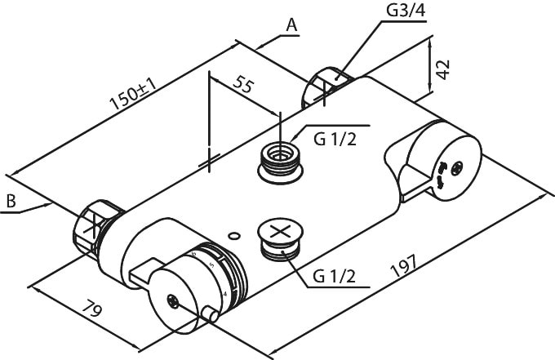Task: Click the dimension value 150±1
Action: click(133, 95)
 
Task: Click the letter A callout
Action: click(291, 25)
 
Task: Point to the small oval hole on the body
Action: click(235, 237)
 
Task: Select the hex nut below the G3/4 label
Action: click(328, 85)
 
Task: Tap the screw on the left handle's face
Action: click(173, 300)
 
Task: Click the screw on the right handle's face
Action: click(458, 168)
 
